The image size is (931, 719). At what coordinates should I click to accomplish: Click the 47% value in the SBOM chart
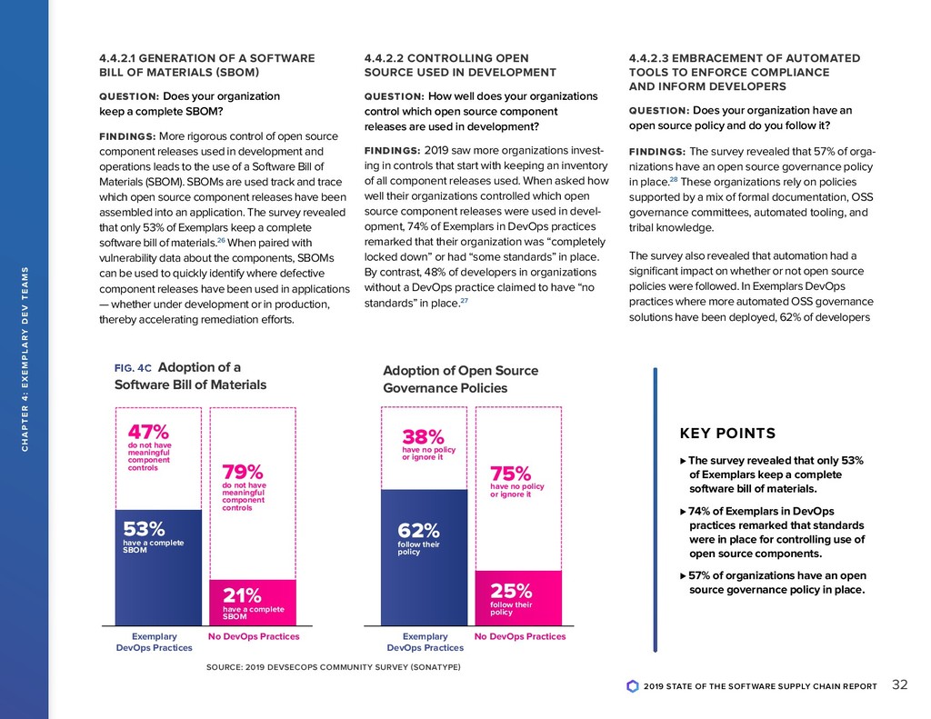coord(142,430)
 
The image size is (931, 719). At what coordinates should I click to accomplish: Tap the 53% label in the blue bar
coord(144,528)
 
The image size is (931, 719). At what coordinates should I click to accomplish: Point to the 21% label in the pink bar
coord(243,595)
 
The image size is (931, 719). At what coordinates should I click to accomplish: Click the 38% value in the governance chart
coord(423,437)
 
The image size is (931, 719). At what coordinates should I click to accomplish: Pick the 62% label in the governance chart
coord(419,530)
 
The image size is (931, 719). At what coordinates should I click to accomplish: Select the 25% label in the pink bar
coord(510,591)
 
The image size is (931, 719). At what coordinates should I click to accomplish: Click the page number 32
coord(900,684)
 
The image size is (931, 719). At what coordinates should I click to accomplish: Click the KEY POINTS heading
coord(727,434)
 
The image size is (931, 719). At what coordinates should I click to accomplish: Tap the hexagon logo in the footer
coord(633,686)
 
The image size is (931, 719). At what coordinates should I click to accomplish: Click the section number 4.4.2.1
coord(123,58)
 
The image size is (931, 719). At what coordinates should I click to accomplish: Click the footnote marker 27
coord(465,301)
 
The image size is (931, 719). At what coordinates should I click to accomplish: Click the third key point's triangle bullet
coord(683,575)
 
